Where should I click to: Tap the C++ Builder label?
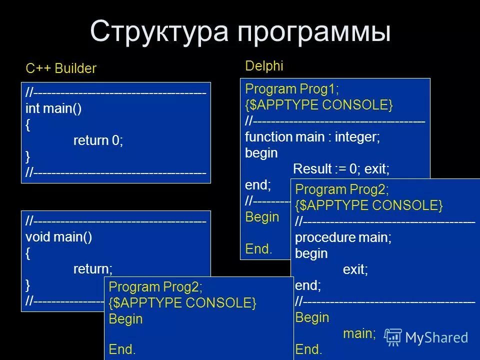coord(61,68)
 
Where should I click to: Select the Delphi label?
coord(264,65)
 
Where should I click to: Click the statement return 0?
coord(98,141)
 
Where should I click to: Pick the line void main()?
coord(59,237)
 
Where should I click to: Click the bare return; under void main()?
coord(93,269)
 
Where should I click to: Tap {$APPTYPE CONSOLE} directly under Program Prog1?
coord(319,105)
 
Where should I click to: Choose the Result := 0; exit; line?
coord(341,169)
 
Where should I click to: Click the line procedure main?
coord(343,237)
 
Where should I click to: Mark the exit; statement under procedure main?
coord(355,270)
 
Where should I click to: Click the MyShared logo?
coord(427,337)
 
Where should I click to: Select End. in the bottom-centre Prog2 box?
coord(122,349)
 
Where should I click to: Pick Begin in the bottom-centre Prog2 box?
coord(125,318)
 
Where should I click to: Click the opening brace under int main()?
coord(28,125)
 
